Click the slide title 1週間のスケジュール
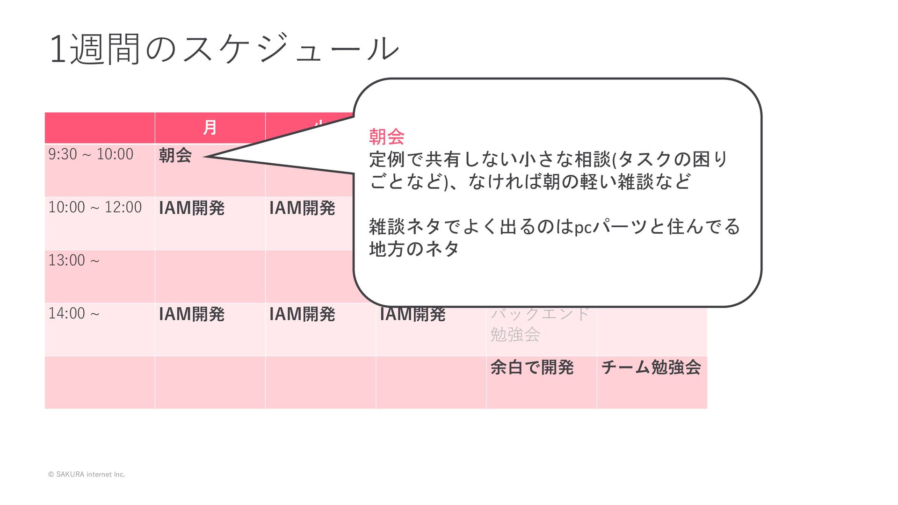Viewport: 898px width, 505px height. [224, 48]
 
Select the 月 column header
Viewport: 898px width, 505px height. [210, 127]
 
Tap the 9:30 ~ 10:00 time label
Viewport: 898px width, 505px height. [91, 154]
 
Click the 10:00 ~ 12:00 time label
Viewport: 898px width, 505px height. [95, 207]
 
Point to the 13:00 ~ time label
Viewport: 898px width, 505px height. [74, 260]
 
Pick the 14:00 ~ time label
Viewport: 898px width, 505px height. [74, 313]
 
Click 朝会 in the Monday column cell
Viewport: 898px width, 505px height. [175, 155]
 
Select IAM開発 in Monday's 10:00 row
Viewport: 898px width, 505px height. [192, 208]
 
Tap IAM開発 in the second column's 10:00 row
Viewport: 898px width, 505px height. [302, 208]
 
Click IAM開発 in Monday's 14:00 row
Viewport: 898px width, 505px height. [192, 314]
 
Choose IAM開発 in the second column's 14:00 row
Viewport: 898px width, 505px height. [302, 314]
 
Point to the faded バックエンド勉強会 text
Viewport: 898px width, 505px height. [539, 324]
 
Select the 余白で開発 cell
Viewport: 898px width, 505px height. [532, 368]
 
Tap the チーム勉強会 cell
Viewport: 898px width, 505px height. [651, 368]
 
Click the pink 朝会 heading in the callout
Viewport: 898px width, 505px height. [387, 137]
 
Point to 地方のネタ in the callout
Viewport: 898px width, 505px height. [414, 249]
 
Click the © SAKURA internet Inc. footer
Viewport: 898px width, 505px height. [87, 474]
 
